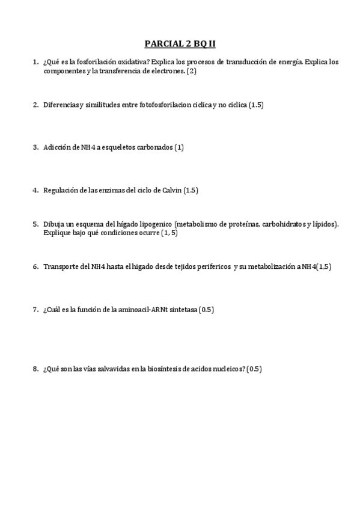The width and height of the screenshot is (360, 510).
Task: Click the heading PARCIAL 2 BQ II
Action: (x=180, y=44)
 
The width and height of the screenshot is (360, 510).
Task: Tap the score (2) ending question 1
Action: (x=192, y=71)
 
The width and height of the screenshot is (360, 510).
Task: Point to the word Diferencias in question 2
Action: (x=61, y=105)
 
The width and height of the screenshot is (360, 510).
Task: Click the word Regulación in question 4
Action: (x=61, y=190)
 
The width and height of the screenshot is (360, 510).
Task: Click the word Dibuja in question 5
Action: (x=53, y=224)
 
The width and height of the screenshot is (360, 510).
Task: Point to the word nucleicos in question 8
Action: (x=225, y=369)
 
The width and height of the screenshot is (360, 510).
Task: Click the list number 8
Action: (x=35, y=369)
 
